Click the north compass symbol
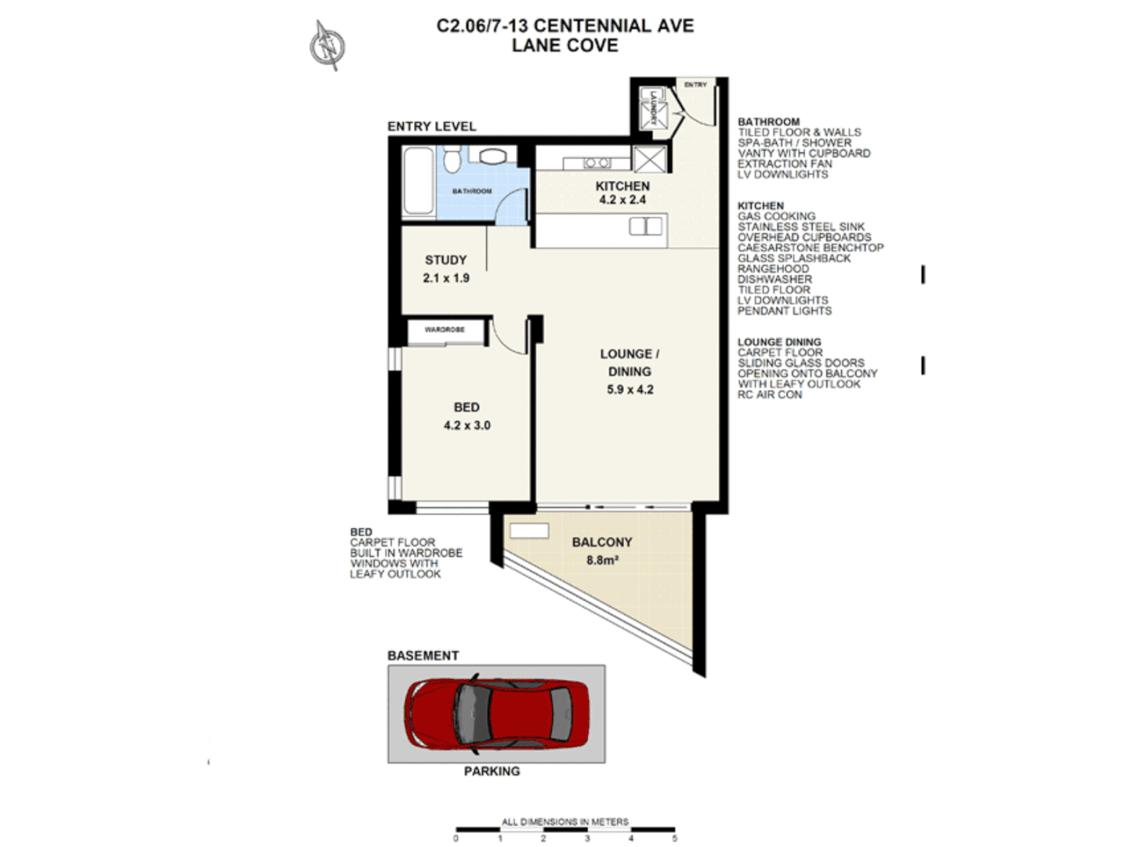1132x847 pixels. [328, 45]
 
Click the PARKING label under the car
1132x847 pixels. [492, 772]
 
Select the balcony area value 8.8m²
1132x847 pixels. [602, 561]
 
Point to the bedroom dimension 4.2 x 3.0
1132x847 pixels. [466, 426]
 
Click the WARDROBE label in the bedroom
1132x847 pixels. [444, 330]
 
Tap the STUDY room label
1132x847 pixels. [445, 260]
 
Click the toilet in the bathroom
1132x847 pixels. [451, 160]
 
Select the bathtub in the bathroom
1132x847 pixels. [418, 181]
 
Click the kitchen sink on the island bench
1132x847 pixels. [645, 227]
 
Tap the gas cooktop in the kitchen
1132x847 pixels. [597, 163]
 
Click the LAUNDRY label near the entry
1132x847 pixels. [651, 108]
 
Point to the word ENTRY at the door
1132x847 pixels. [695, 85]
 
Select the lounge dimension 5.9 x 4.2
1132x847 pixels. [629, 390]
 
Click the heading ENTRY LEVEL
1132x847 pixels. [431, 126]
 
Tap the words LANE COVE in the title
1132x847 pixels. [564, 45]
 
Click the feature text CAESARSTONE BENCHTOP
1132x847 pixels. [810, 248]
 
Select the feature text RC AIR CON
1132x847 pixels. [769, 395]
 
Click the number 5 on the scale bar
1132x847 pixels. [674, 838]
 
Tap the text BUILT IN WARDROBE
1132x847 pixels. [406, 553]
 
